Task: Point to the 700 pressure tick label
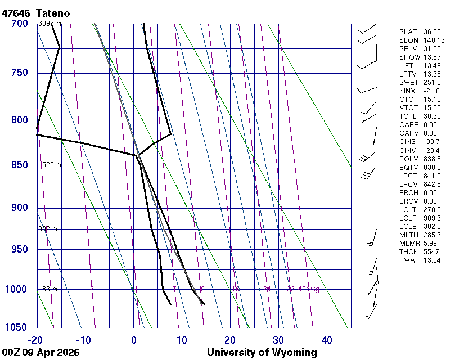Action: click(x=19, y=24)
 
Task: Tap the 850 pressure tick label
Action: click(x=19, y=165)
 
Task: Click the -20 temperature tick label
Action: click(x=36, y=340)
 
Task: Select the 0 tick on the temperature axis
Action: click(x=134, y=340)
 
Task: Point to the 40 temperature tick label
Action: click(x=327, y=340)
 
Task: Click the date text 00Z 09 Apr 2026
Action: click(x=40, y=353)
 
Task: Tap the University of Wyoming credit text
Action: click(x=262, y=353)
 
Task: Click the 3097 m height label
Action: click(x=49, y=24)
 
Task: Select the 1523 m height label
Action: click(x=49, y=165)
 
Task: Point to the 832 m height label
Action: click(x=48, y=229)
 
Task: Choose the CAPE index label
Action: click(x=408, y=125)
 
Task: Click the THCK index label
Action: click(x=408, y=251)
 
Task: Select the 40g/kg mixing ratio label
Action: click(x=309, y=289)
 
